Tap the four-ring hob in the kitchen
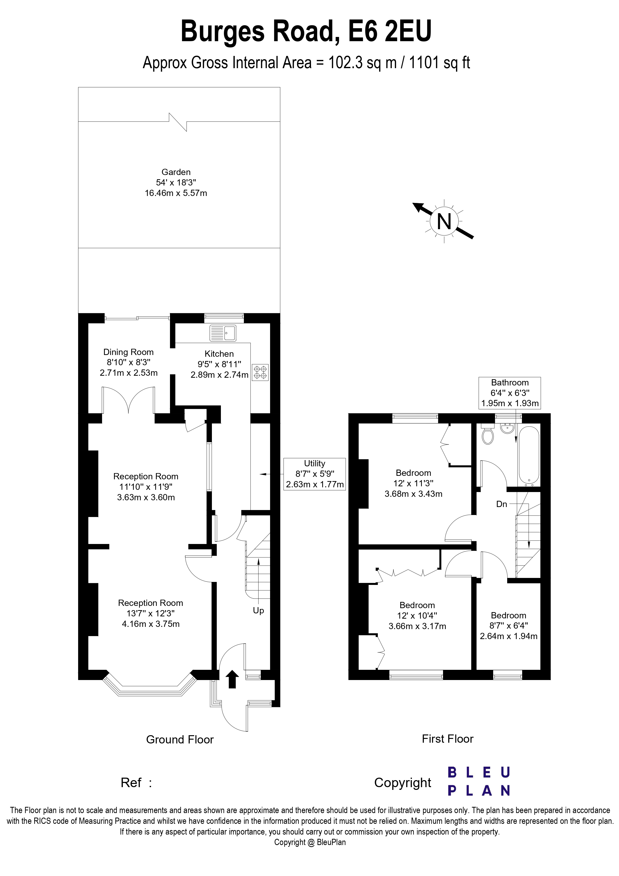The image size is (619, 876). click(260, 372)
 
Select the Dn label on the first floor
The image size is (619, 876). click(501, 504)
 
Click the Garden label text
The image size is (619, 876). click(176, 172)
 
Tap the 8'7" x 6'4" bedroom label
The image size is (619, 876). click(508, 626)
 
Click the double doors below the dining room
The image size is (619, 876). click(129, 401)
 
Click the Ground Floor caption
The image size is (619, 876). click(180, 740)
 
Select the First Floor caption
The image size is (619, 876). click(447, 739)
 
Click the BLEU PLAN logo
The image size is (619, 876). click(479, 782)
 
